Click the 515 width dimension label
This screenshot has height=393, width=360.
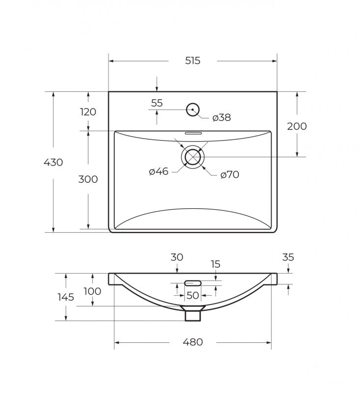coord(193,61)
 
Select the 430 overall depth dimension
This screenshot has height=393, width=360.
coord(53,162)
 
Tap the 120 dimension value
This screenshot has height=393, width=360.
coord(88,112)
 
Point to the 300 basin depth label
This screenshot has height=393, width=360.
coord(88,179)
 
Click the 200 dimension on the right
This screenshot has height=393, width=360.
coord(297,126)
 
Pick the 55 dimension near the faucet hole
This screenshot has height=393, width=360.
coord(157,103)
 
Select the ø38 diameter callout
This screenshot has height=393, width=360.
coord(222,118)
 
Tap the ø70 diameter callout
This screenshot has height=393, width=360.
coord(229,174)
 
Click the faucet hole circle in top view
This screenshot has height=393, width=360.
coord(193,110)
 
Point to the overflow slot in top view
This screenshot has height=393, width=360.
coord(193,133)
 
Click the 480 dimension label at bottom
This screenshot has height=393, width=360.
coord(193,342)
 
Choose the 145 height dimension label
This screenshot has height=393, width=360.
coord(65,297)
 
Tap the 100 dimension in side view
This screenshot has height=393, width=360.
coord(92,291)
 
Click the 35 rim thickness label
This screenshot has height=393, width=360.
coord(288,257)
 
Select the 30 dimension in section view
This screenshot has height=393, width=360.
coord(177,257)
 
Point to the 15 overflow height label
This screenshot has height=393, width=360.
coord(216,264)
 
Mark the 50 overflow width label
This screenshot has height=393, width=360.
coord(193,296)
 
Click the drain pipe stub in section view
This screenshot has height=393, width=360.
coord(193,314)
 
